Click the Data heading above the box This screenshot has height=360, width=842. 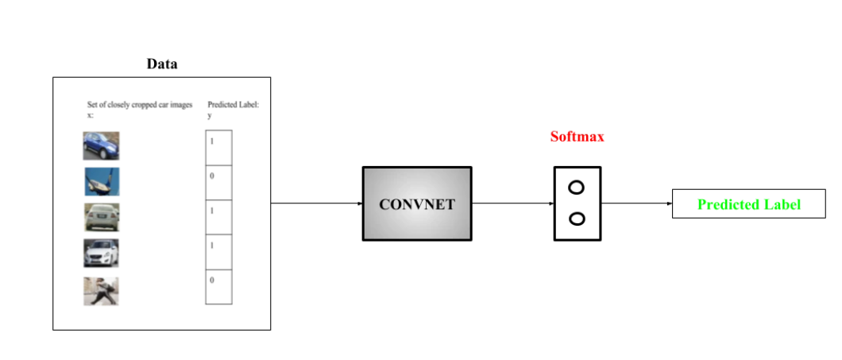(161, 64)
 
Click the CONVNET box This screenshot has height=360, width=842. (417, 203)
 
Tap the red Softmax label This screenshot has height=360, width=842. (577, 137)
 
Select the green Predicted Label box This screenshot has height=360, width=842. (748, 204)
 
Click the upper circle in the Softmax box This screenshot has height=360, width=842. (577, 188)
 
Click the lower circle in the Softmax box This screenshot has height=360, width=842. (577, 219)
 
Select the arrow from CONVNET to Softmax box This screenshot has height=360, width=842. (512, 203)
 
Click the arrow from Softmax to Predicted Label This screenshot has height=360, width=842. (636, 203)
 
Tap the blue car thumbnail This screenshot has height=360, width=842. (101, 146)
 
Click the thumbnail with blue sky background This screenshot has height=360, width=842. (102, 182)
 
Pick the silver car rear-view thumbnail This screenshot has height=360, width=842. (102, 217)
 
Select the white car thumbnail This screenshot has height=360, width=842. (102, 253)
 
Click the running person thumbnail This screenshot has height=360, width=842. (102, 291)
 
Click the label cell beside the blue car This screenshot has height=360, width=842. (218, 148)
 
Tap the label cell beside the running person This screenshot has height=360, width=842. (218, 287)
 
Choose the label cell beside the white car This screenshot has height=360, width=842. (218, 252)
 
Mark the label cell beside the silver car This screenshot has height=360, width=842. (218, 217)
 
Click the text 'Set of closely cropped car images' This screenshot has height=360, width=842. (140, 105)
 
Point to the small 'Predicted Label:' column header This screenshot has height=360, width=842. (228, 105)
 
